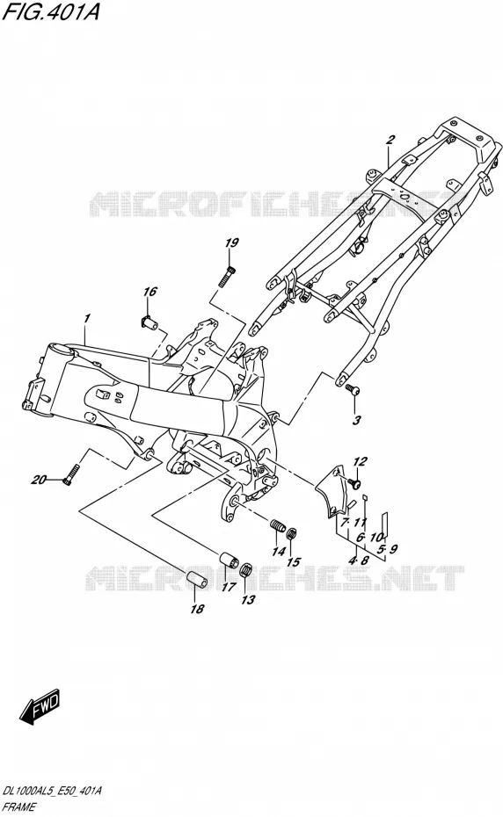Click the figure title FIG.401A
coord(51,11)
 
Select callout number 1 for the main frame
coord(86,318)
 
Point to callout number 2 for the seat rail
coord(390,139)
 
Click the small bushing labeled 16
coord(150,324)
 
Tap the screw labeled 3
coord(350,388)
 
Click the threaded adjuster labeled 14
coord(278,525)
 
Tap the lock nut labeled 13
coord(245,569)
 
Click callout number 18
coord(197,608)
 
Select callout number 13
coord(248,600)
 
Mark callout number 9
coord(393,548)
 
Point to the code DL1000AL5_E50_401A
coord(52,792)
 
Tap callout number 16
coord(149,292)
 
